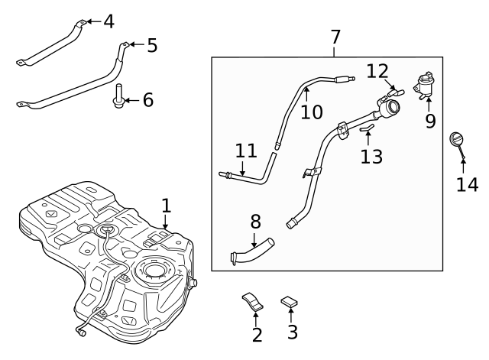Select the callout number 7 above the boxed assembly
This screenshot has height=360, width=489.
335,37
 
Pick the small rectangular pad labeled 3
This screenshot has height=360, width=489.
289,302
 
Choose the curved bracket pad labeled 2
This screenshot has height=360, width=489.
253,300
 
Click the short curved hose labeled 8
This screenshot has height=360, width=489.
252,252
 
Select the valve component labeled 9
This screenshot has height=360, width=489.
424,85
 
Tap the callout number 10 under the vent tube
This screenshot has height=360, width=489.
311,112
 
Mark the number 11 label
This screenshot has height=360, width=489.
245,151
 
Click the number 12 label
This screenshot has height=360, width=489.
377,71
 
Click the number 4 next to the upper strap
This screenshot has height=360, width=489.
108,21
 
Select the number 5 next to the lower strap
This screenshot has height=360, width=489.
152,46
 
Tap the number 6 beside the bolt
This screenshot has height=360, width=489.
147,100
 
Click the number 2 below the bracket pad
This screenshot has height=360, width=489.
257,334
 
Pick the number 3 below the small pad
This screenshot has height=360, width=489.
292,332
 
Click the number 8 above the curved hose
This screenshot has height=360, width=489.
255,222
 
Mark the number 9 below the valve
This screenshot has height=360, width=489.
430,121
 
